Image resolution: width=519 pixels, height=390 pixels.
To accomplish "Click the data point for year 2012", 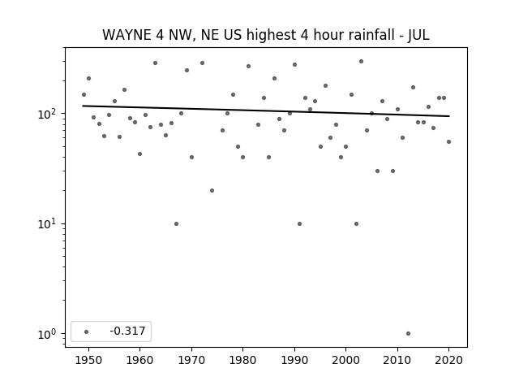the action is click(x=408, y=334).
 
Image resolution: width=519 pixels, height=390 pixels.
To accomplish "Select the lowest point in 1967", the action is click(x=177, y=224).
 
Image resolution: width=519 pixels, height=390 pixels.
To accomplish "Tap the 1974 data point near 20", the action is click(x=212, y=191).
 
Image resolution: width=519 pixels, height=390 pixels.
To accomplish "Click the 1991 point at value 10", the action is click(x=299, y=224).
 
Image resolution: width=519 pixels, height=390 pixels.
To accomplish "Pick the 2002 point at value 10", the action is click(x=356, y=224).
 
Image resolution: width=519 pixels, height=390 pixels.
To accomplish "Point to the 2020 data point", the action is click(x=448, y=142).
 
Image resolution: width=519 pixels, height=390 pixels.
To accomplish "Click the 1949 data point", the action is click(x=84, y=95).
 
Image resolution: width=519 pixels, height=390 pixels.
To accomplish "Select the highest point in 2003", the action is click(x=361, y=62).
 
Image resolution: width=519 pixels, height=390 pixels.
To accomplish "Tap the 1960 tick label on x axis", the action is click(x=139, y=360).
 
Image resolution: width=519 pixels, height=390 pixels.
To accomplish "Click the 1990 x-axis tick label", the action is click(x=294, y=360).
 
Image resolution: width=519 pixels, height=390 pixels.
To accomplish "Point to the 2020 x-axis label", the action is click(x=448, y=360).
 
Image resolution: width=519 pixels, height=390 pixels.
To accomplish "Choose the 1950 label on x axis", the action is click(x=88, y=360).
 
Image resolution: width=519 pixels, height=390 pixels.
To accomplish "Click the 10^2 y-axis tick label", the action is click(x=49, y=114).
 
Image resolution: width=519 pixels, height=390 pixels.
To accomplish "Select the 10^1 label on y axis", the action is click(x=49, y=224).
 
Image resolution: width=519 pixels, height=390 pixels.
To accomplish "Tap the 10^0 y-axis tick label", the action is click(x=49, y=334).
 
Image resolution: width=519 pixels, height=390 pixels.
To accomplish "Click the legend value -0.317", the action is click(x=128, y=331).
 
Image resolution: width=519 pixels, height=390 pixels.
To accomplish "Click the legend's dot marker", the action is click(x=87, y=331).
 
